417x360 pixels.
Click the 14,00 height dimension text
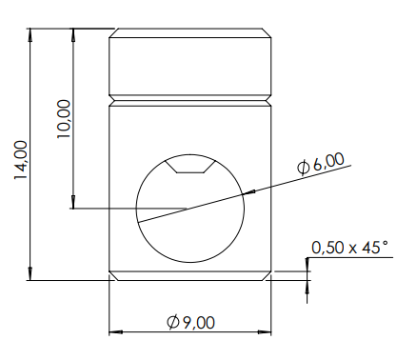point(21,160)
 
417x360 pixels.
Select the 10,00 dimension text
point(64,119)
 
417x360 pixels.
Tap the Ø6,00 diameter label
point(320,163)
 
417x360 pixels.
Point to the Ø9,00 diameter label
point(190,323)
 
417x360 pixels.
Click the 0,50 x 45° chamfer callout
point(349,248)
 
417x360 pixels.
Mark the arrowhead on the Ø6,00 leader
point(249,191)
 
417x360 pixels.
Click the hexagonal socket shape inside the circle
point(190,167)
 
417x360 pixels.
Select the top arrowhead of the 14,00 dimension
point(30,34)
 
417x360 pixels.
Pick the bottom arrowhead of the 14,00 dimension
point(30,273)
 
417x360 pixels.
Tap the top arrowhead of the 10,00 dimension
point(73,35)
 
